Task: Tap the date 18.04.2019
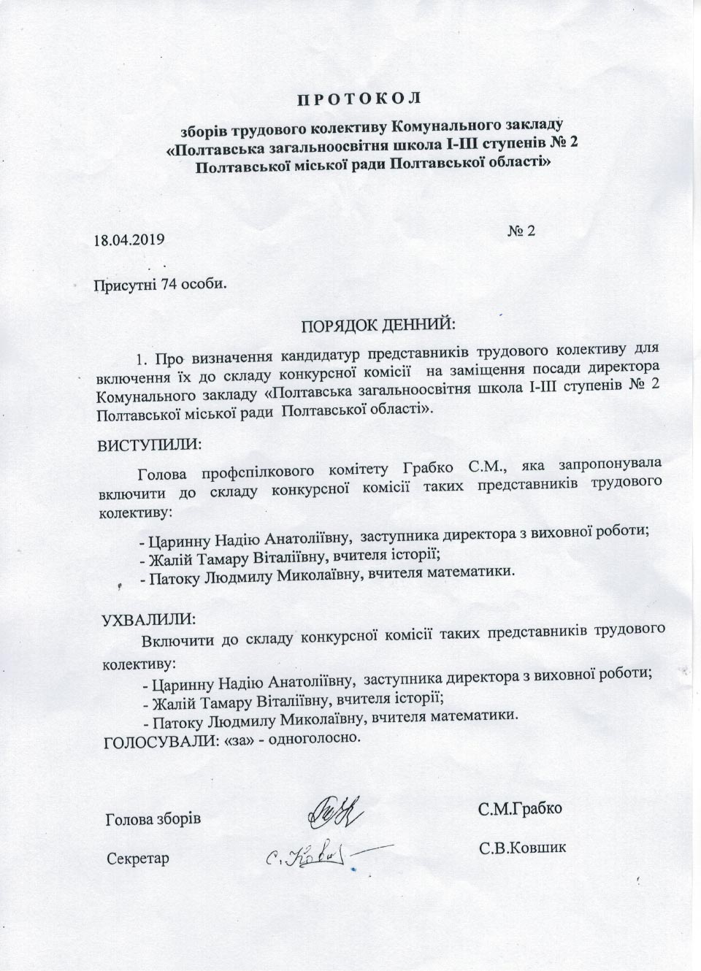pos(129,239)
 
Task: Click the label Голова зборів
pos(153,818)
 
